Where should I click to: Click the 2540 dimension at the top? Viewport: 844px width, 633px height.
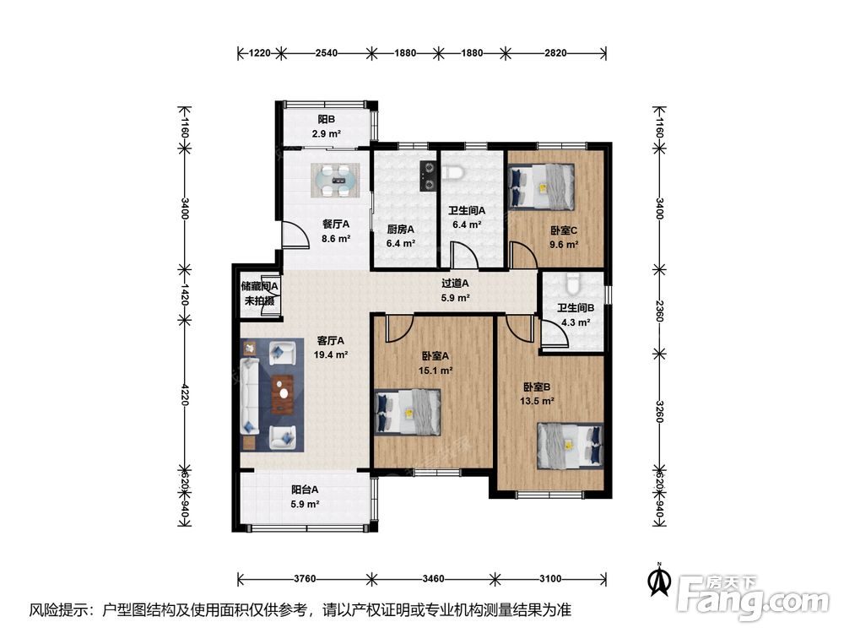point(326,52)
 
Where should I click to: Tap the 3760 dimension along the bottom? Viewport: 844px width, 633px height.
point(305,579)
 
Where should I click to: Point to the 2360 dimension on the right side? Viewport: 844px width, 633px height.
point(660,311)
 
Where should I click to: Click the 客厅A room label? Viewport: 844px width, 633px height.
point(331,341)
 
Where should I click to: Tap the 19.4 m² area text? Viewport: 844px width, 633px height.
point(331,354)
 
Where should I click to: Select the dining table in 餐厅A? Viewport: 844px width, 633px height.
point(335,181)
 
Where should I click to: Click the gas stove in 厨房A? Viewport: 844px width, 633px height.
point(427,176)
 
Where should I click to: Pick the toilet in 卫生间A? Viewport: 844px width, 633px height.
point(452,172)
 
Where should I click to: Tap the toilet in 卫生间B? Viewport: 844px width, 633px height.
point(572,284)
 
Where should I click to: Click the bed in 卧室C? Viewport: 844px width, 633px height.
point(542,187)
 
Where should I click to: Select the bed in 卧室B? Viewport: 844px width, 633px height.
point(570,446)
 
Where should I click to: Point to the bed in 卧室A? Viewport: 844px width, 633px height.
point(408,412)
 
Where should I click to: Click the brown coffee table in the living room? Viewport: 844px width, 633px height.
point(283,394)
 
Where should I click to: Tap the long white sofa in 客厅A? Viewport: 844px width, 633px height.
point(251,397)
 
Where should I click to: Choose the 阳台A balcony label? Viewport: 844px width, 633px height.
point(305,490)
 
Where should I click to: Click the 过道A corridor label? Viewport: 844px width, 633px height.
point(456,283)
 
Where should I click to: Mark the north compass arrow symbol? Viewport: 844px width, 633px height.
point(659,579)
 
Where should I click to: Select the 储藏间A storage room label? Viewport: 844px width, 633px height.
point(260,286)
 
